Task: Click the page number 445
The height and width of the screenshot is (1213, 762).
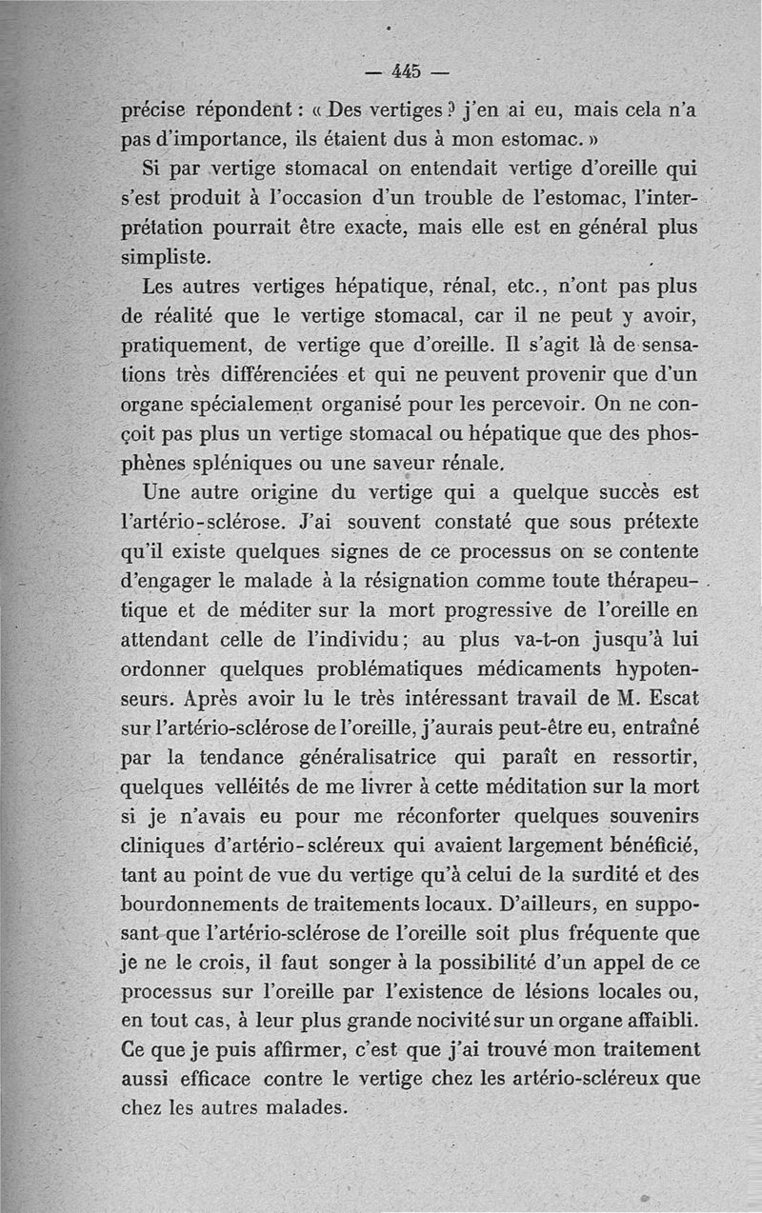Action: point(406,71)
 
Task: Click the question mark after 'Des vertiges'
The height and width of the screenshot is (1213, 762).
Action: point(427,110)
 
